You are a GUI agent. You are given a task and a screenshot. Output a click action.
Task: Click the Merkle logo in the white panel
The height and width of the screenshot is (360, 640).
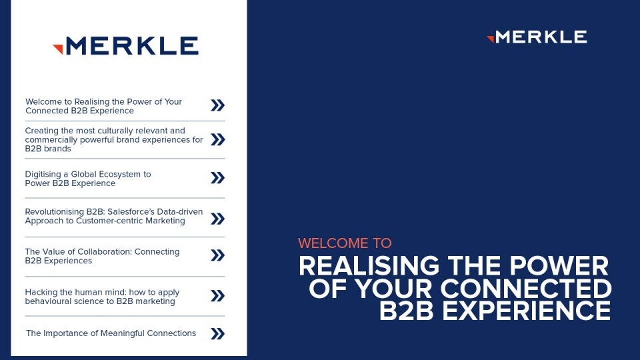[126, 45]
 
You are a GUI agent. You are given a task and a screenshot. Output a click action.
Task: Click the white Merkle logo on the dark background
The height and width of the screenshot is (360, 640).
[537, 37]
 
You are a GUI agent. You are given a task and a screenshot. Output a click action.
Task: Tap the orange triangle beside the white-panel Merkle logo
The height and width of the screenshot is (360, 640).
[58, 49]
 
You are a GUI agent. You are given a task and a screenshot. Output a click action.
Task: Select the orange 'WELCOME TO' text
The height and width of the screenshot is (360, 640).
[345, 243]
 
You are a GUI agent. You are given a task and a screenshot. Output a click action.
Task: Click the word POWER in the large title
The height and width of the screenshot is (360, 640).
[559, 266]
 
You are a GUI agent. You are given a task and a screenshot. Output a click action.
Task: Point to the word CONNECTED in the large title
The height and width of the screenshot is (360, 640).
[526, 288]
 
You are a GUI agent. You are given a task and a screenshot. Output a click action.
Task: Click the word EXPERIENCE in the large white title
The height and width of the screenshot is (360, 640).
[527, 311]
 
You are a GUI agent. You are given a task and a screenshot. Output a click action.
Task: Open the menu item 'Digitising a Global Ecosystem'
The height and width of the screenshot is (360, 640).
[88, 179]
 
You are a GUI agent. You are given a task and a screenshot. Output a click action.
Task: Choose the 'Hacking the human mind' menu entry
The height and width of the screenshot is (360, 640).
[102, 297]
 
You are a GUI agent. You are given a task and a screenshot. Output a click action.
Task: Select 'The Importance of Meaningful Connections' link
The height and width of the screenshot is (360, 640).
[111, 333]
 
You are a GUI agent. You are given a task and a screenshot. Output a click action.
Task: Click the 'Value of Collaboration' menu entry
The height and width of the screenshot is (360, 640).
[102, 256]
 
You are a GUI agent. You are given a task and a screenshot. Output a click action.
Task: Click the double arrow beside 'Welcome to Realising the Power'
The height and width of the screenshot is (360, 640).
[217, 105]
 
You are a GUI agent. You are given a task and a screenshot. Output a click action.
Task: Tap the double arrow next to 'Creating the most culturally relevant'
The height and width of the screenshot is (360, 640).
[217, 139]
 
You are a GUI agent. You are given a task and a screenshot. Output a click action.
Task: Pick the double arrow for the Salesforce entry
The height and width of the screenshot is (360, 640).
[217, 219]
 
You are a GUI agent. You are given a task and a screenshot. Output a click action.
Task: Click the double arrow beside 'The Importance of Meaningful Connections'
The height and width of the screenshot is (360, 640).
[217, 333]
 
